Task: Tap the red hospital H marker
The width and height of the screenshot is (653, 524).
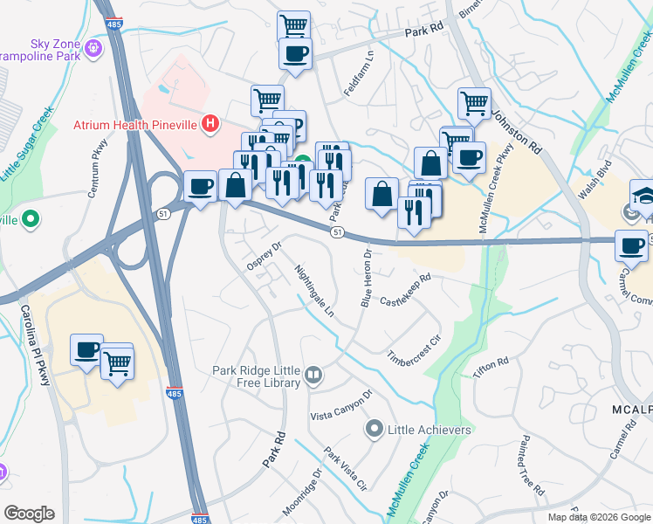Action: pos(210,124)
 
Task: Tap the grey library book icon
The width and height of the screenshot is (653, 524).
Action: pos(313,376)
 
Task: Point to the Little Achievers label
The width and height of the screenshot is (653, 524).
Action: pos(430,430)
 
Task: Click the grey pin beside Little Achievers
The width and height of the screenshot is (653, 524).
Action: pos(375,429)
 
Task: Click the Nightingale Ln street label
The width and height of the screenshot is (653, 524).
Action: pos(314,291)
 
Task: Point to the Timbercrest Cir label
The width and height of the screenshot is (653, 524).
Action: pos(416,348)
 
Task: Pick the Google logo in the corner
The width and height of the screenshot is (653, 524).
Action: pos(30,514)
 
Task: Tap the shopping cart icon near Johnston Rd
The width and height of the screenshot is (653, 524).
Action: pos(474,103)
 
